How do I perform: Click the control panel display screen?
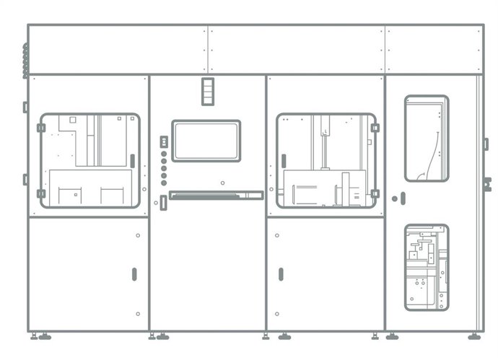206,141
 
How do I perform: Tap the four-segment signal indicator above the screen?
208,91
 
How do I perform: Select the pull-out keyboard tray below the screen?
216,195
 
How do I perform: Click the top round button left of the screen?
164,154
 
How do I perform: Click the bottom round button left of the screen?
164,183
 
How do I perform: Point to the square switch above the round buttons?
164,141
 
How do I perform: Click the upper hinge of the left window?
41,128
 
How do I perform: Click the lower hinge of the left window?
41,193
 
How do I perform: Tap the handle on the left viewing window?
132,161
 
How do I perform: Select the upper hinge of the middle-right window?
375,128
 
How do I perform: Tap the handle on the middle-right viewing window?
284,160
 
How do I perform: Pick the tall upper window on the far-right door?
426,139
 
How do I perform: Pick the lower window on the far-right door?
426,267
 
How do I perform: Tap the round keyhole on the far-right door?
394,198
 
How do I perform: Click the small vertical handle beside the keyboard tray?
164,203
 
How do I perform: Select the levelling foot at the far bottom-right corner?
474,336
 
